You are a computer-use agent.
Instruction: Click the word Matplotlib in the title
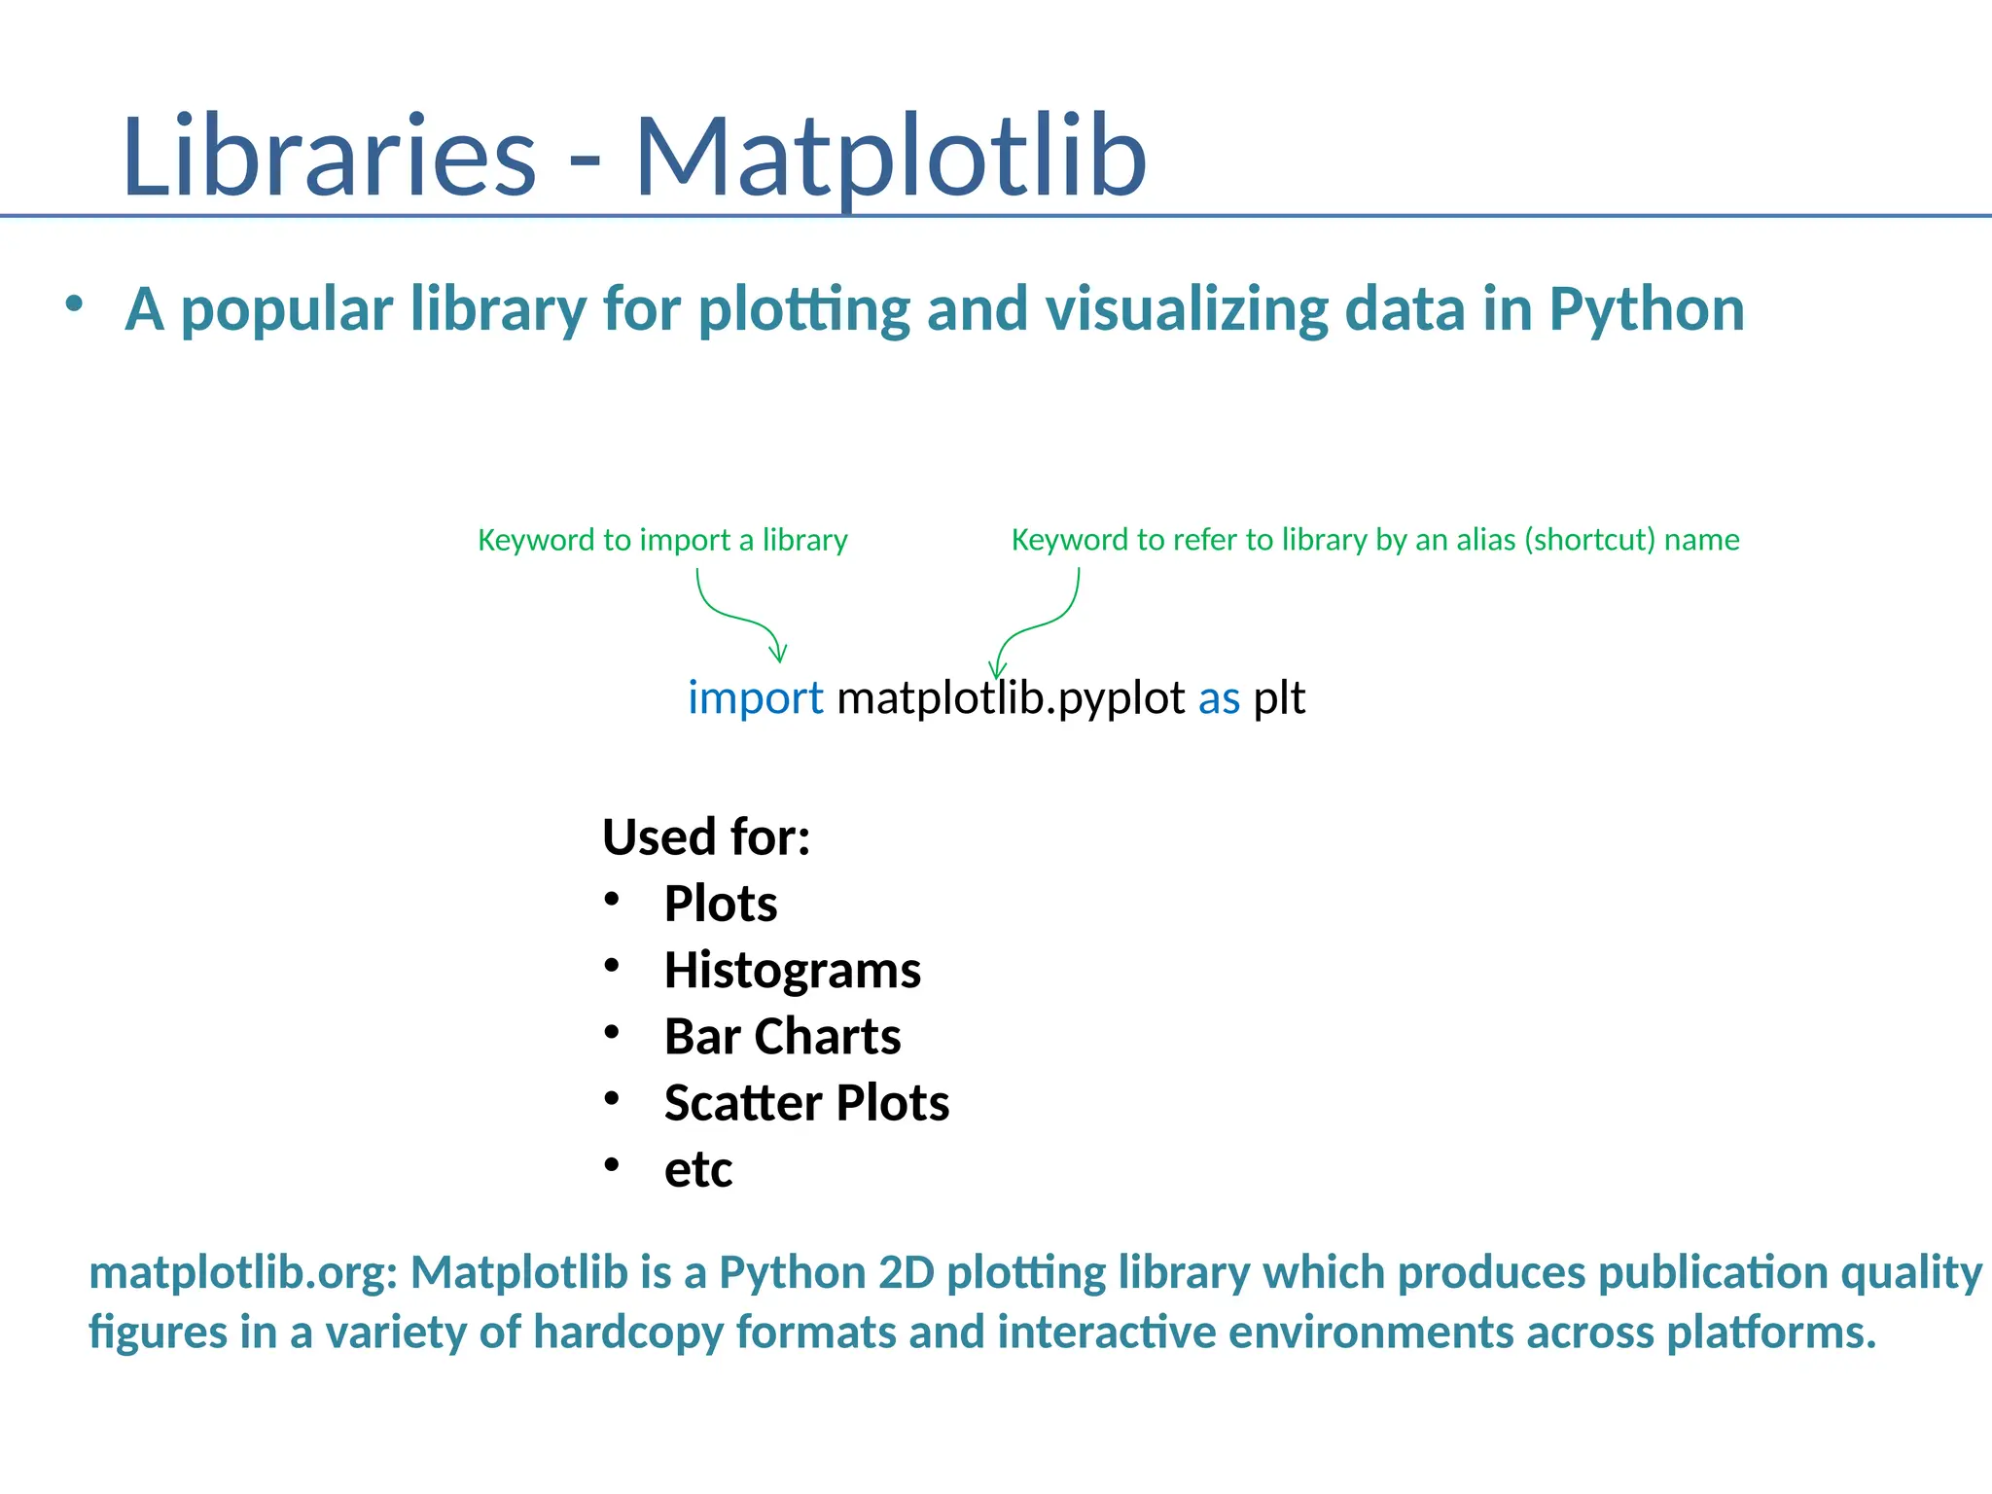tap(890, 158)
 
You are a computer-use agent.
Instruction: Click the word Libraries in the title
tap(329, 158)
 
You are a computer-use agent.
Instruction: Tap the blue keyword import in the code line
tap(755, 698)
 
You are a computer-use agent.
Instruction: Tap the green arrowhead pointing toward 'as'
tap(996, 669)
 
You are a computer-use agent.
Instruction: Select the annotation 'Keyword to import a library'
tap(662, 540)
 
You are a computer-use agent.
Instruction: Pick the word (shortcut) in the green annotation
tap(1589, 540)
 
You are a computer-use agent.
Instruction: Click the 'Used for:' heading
tap(706, 836)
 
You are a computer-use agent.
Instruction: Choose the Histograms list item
tap(792, 971)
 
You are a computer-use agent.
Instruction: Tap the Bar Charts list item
tap(782, 1037)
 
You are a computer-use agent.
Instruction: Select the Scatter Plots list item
tap(806, 1103)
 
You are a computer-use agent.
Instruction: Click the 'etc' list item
tap(697, 1170)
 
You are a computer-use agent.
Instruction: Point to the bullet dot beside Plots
tap(611, 900)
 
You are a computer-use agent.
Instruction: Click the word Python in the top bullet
tap(1646, 310)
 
